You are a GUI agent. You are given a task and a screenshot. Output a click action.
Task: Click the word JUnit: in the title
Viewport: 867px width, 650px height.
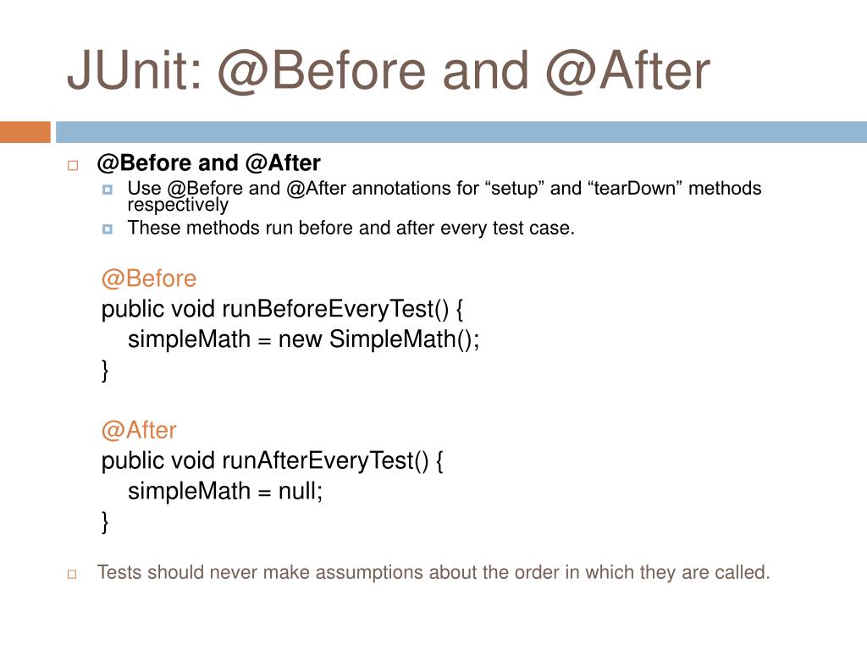pyautogui.click(x=134, y=72)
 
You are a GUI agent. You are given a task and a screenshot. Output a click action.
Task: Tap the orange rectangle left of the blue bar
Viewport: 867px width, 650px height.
pyautogui.click(x=25, y=132)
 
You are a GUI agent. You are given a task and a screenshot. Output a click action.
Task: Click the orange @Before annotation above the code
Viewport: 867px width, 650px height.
pyautogui.click(x=148, y=278)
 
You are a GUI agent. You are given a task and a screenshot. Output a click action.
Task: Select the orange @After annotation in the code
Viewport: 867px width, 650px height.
pyautogui.click(x=139, y=430)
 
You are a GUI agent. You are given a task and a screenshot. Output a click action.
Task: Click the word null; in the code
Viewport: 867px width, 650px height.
pyautogui.click(x=301, y=492)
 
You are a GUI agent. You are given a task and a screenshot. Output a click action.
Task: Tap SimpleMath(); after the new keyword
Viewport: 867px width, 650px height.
pyautogui.click(x=404, y=340)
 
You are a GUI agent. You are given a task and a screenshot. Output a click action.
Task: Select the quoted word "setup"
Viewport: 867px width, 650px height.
pyautogui.click(x=515, y=189)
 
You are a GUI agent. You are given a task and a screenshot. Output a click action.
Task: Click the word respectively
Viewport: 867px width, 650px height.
pyautogui.click(x=178, y=205)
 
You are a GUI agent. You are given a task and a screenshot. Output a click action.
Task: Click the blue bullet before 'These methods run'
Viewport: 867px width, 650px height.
pyautogui.click(x=107, y=229)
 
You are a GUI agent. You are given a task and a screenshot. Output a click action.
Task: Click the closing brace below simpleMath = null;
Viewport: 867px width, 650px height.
pyautogui.click(x=105, y=522)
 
